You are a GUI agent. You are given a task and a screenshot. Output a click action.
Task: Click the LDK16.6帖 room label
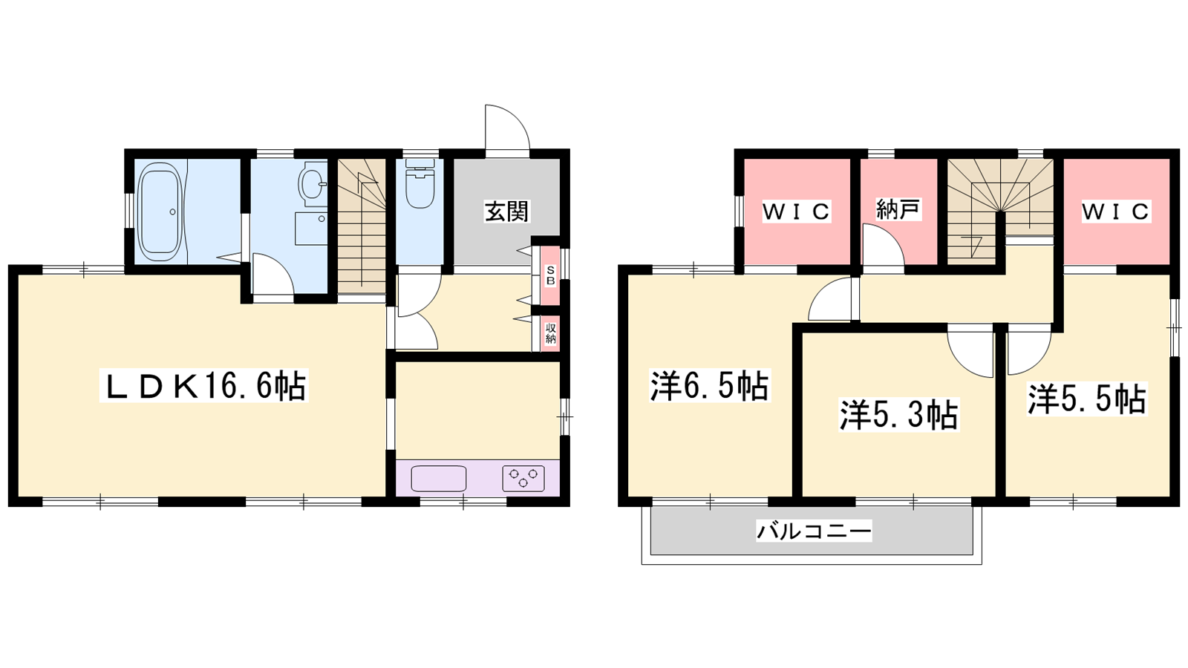(203, 387)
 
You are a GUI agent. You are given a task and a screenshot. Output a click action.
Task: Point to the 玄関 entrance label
(507, 212)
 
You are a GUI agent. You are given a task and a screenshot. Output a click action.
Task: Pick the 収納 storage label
(550, 333)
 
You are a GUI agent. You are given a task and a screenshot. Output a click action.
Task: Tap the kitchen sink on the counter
(439, 478)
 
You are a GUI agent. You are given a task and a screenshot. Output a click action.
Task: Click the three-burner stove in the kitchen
(523, 478)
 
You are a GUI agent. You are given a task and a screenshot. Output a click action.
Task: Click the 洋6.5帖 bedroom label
(709, 387)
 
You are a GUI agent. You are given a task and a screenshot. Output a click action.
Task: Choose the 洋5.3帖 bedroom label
(898, 415)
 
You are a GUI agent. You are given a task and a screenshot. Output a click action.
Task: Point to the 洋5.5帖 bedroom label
(1087, 399)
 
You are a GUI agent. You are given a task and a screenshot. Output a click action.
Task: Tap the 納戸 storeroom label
(898, 209)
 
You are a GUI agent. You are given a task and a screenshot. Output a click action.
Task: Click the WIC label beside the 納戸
(796, 212)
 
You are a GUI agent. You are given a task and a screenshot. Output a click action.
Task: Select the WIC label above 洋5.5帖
(1115, 212)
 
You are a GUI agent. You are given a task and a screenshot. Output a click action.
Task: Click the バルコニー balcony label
(814, 531)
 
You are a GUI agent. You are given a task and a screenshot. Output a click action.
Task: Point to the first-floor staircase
(362, 226)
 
